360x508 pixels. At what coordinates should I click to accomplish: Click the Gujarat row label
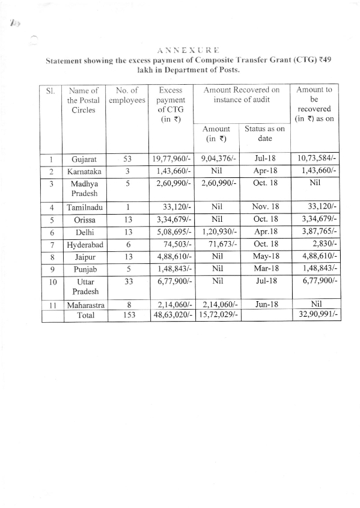(x=84, y=159)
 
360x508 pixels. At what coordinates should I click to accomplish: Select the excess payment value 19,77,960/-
(x=172, y=159)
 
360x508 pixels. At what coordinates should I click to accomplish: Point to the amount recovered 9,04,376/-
(x=218, y=159)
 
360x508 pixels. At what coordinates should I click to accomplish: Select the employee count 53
(x=127, y=159)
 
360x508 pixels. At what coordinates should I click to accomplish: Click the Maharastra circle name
(x=84, y=305)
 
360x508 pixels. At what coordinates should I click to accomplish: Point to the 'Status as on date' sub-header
(x=264, y=133)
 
